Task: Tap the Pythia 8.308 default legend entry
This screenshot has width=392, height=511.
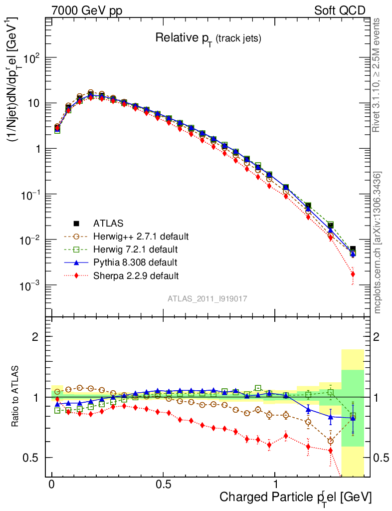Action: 135,262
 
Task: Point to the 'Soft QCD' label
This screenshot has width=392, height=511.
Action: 340,10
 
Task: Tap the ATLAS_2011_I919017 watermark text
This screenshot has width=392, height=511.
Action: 208,298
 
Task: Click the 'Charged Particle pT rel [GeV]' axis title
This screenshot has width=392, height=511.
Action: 295,497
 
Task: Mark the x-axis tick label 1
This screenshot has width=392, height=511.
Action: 276,484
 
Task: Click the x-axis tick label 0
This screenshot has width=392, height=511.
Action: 52,484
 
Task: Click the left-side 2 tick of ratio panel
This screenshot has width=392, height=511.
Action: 35,337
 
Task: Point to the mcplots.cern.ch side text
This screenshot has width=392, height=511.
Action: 378,243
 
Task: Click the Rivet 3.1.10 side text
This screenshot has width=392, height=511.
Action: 377,75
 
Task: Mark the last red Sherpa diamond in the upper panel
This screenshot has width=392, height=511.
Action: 353,274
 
